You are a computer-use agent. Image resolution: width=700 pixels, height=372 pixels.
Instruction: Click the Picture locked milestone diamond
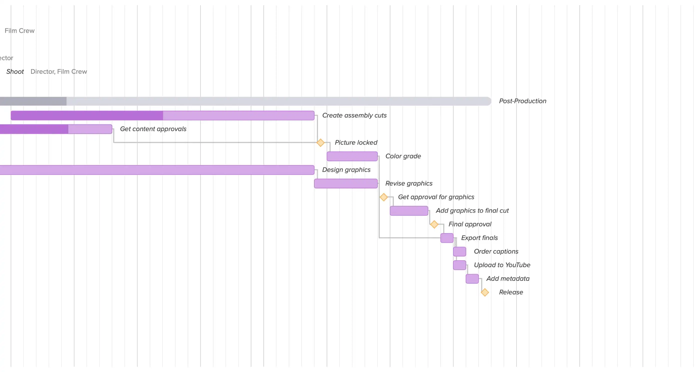320,143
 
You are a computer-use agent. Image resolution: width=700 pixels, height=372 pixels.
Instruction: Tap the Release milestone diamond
485,292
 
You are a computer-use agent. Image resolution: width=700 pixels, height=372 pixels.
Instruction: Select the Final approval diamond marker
434,224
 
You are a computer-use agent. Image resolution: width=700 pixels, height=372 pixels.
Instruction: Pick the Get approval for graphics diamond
383,197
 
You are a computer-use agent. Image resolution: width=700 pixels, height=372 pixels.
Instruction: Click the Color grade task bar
352,156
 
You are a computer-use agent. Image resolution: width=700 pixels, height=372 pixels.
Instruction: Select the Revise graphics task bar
346,183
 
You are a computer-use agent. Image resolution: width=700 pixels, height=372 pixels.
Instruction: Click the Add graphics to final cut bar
409,211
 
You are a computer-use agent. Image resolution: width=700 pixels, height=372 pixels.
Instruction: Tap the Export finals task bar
447,238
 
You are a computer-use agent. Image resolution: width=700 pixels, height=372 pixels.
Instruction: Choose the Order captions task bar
459,251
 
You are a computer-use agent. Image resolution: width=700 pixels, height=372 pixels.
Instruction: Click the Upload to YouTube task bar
459,265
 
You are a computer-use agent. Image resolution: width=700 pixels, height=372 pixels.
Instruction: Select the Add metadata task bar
472,279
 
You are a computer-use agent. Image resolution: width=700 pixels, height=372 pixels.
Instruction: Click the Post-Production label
522,101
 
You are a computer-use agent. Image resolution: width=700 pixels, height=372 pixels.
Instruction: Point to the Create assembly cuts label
354,115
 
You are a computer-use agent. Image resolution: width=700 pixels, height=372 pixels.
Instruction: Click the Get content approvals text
153,129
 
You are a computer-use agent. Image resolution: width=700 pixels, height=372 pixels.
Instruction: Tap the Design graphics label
346,170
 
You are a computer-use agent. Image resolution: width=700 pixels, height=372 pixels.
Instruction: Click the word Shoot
15,72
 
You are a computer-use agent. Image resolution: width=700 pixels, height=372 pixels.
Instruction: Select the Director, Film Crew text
59,72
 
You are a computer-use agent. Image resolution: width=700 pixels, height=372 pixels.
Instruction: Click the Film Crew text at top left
19,31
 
